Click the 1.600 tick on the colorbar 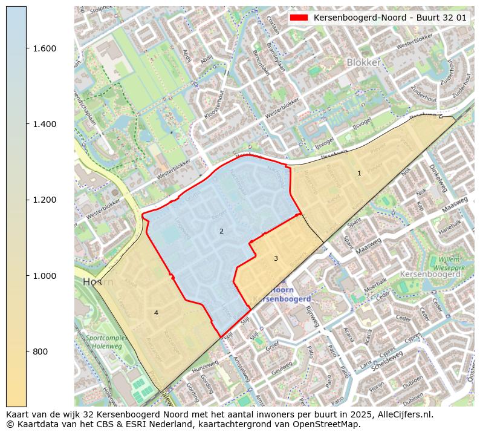[x=44, y=48]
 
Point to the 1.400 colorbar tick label [x=44, y=124]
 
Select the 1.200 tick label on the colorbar [x=44, y=200]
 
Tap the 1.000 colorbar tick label [x=44, y=276]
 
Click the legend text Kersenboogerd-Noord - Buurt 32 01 [x=390, y=18]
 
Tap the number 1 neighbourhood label [x=359, y=174]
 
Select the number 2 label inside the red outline [x=221, y=231]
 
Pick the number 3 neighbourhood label [x=276, y=258]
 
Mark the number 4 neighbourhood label [x=156, y=313]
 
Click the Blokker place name [x=363, y=62]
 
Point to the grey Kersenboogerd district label [x=430, y=274]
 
